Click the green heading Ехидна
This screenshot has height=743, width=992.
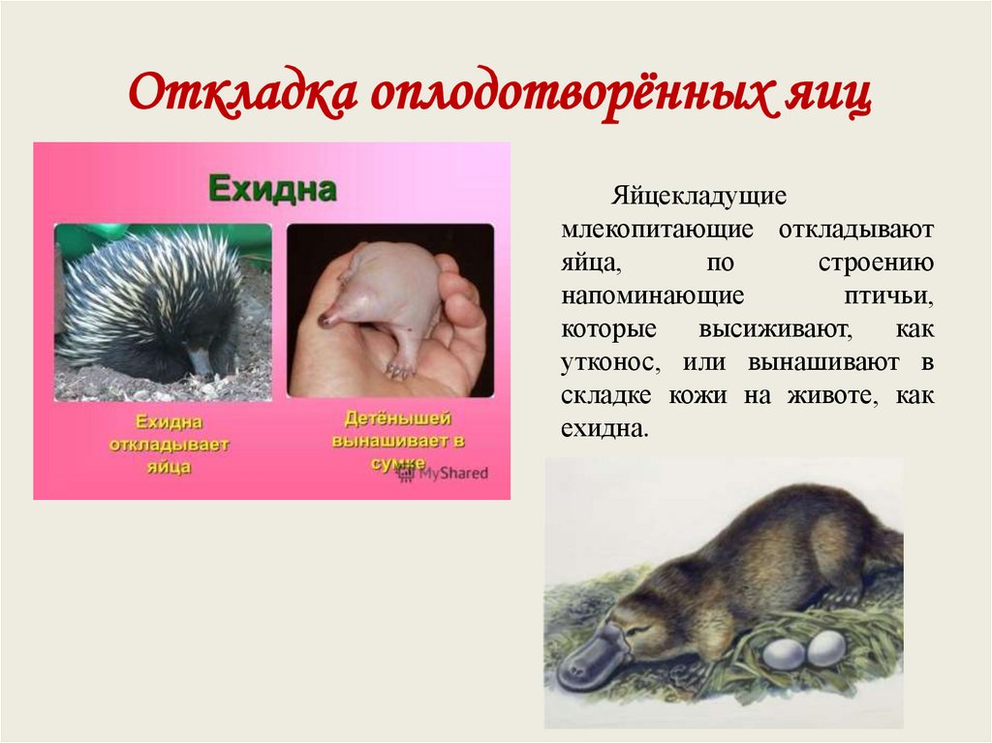(271, 188)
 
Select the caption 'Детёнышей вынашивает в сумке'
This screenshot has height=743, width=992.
(398, 441)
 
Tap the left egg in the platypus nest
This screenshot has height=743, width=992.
(783, 655)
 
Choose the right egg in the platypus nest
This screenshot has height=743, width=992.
(826, 647)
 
